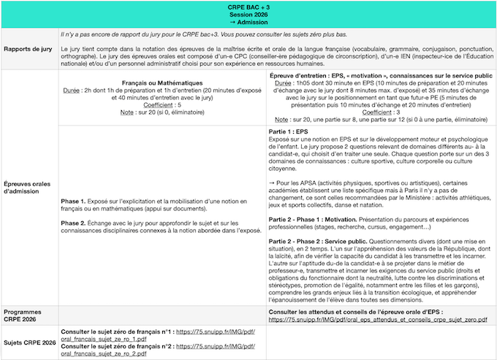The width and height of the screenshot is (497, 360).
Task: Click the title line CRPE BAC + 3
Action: tap(248, 7)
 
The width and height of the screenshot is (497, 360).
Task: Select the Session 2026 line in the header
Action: tap(248, 15)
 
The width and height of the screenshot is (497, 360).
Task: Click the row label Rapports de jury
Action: tap(28, 49)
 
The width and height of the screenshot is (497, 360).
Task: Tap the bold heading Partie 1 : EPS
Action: tap(289, 130)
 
